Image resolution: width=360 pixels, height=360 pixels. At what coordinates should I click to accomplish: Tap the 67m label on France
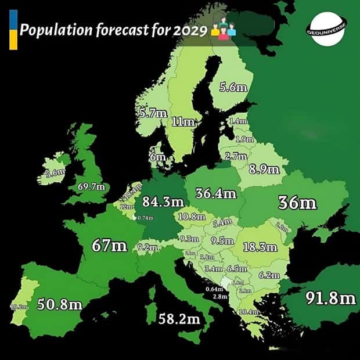pyautogui.click(x=110, y=245)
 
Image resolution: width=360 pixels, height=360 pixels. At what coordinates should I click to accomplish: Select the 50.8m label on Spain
pyautogui.click(x=60, y=304)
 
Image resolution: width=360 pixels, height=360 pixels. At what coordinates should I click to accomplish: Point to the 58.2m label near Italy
pyautogui.click(x=180, y=318)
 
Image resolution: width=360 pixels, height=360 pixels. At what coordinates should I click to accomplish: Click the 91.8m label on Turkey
pyautogui.click(x=331, y=298)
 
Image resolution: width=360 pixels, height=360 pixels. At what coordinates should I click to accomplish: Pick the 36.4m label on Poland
pyautogui.click(x=216, y=193)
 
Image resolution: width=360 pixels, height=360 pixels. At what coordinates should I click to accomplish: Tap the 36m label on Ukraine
pyautogui.click(x=297, y=203)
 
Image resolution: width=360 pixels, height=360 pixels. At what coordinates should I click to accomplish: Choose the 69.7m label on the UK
pyautogui.click(x=92, y=186)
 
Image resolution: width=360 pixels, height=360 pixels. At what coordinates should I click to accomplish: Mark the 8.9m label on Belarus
pyautogui.click(x=264, y=169)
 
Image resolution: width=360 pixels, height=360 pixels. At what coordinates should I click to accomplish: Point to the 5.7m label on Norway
pyautogui.click(x=153, y=113)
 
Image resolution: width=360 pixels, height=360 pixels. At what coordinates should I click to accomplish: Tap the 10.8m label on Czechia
pyautogui.click(x=192, y=217)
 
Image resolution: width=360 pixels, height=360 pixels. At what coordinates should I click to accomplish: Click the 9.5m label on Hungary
pyautogui.click(x=222, y=240)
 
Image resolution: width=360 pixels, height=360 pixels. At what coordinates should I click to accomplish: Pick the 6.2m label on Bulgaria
pyautogui.click(x=269, y=275)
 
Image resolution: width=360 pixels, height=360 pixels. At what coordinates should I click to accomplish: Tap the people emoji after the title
pyautogui.click(x=224, y=29)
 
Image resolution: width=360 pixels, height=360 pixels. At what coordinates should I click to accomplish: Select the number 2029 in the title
pyautogui.click(x=190, y=30)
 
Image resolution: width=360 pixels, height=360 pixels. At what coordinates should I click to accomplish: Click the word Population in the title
pyautogui.click(x=51, y=30)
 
